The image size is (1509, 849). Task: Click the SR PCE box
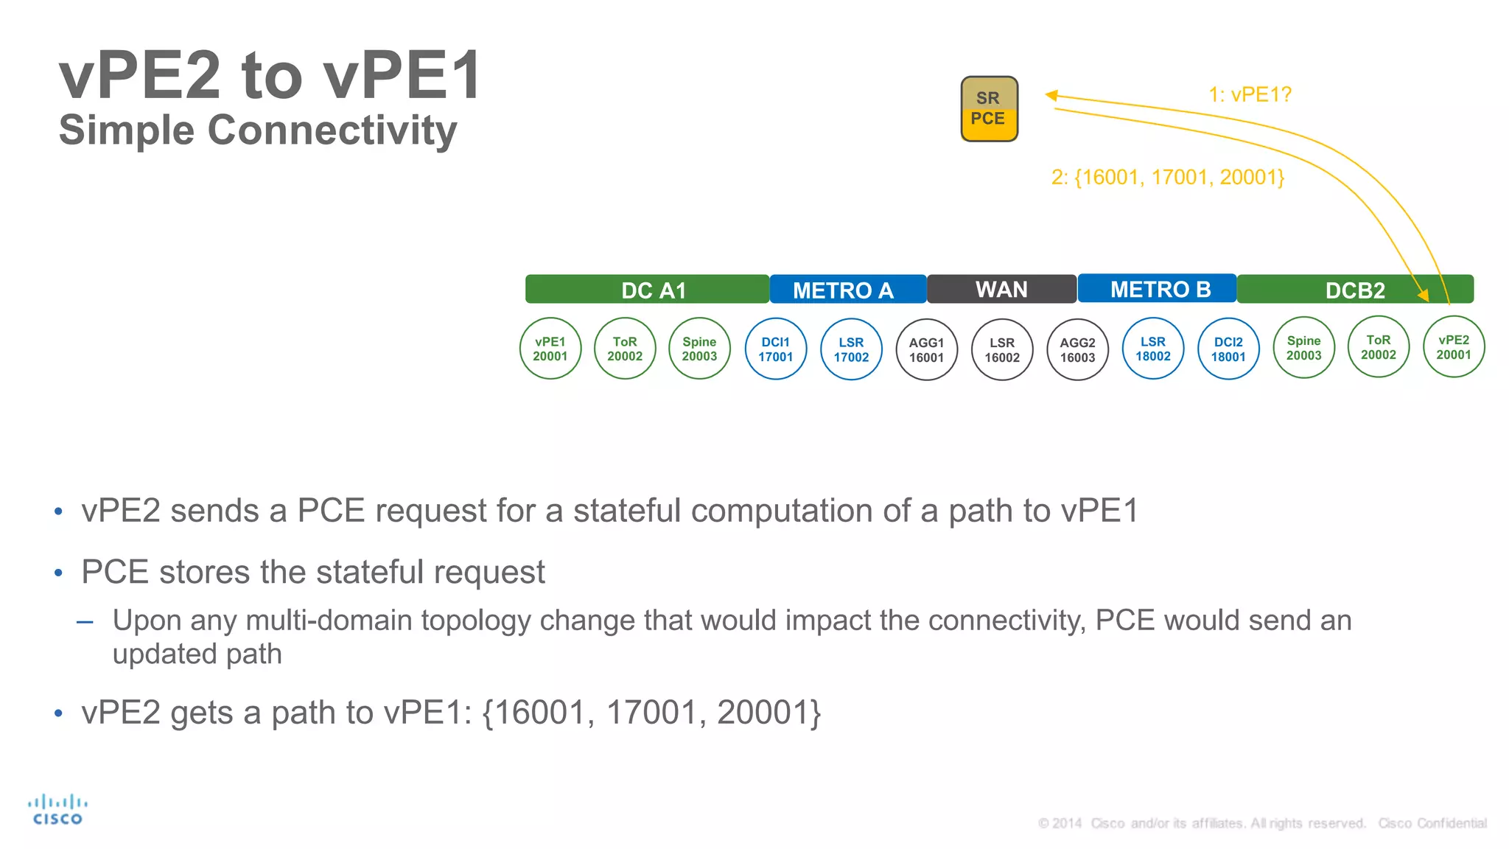click(x=989, y=109)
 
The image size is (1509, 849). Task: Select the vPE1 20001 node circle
click(x=550, y=349)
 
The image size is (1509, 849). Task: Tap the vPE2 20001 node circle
click(x=1453, y=347)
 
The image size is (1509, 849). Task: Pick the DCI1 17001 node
click(x=776, y=349)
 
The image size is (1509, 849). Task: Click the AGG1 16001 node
click(x=926, y=350)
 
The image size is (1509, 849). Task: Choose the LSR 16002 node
click(x=1002, y=350)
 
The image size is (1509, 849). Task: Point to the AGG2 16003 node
click(x=1077, y=350)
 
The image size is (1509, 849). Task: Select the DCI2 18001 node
click(x=1228, y=349)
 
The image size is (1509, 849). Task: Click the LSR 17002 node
click(x=851, y=349)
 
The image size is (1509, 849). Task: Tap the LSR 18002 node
click(x=1152, y=349)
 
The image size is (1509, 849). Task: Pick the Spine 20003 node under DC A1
click(x=699, y=349)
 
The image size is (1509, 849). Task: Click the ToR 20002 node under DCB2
click(x=1378, y=347)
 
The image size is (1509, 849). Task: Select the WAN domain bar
click(x=1001, y=289)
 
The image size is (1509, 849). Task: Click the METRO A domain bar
click(x=847, y=290)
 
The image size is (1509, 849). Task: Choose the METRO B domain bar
click(x=1157, y=289)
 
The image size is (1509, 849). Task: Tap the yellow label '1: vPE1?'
click(x=1250, y=95)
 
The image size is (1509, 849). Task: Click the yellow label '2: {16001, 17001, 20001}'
click(x=1168, y=178)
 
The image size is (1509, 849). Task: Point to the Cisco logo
click(x=57, y=809)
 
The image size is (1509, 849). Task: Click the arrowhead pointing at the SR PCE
click(x=1051, y=95)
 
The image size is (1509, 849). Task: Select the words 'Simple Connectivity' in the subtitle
click(x=258, y=130)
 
